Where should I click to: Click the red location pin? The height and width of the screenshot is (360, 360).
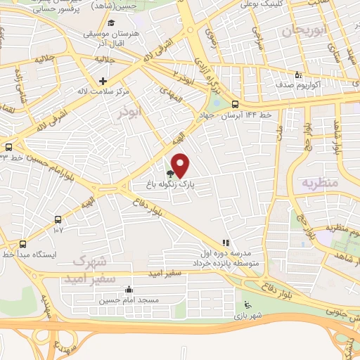[x=181, y=164]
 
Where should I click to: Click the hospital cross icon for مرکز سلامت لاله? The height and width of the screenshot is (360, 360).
[x=103, y=81]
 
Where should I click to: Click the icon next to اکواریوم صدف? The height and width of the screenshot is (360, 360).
[x=297, y=75]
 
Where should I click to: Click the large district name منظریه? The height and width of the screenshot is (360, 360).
[x=320, y=183]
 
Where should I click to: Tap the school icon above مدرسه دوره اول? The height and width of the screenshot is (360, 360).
[x=226, y=243]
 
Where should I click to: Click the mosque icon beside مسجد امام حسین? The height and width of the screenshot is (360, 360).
[x=128, y=289]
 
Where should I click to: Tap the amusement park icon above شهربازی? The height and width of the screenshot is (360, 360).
[x=246, y=304]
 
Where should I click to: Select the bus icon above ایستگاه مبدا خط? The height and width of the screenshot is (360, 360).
[x=23, y=244]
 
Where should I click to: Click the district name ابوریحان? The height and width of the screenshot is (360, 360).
[x=306, y=32]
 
